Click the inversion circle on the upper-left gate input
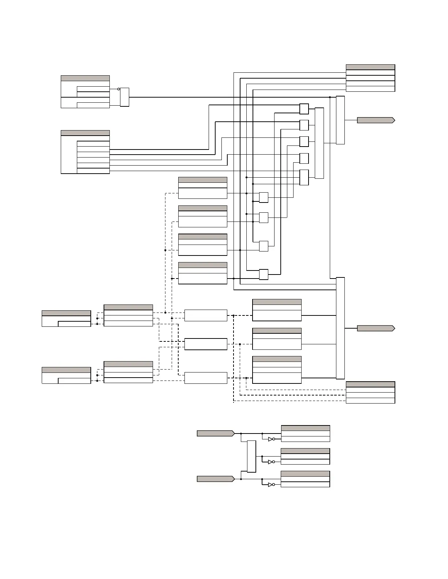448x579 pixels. (119, 89)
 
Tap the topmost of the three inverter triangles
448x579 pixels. (270, 439)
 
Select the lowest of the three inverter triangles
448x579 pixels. (270, 485)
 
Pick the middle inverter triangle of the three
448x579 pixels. (270, 462)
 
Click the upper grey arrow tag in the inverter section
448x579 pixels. (216, 434)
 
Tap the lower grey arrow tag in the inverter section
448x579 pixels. (216, 479)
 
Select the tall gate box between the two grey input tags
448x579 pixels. (251, 456)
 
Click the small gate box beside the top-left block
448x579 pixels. (124, 97)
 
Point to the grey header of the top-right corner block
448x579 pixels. (370, 67)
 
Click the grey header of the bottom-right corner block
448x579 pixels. (370, 384)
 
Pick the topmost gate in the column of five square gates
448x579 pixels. (304, 109)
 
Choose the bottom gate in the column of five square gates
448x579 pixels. (304, 178)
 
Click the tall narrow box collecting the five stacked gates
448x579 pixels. (319, 143)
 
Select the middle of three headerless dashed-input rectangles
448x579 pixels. (206, 344)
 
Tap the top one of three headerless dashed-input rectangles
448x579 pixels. (206, 315)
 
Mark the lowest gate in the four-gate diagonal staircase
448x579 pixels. (264, 275)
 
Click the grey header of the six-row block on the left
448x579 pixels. (85, 133)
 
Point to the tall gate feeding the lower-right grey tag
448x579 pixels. (340, 328)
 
